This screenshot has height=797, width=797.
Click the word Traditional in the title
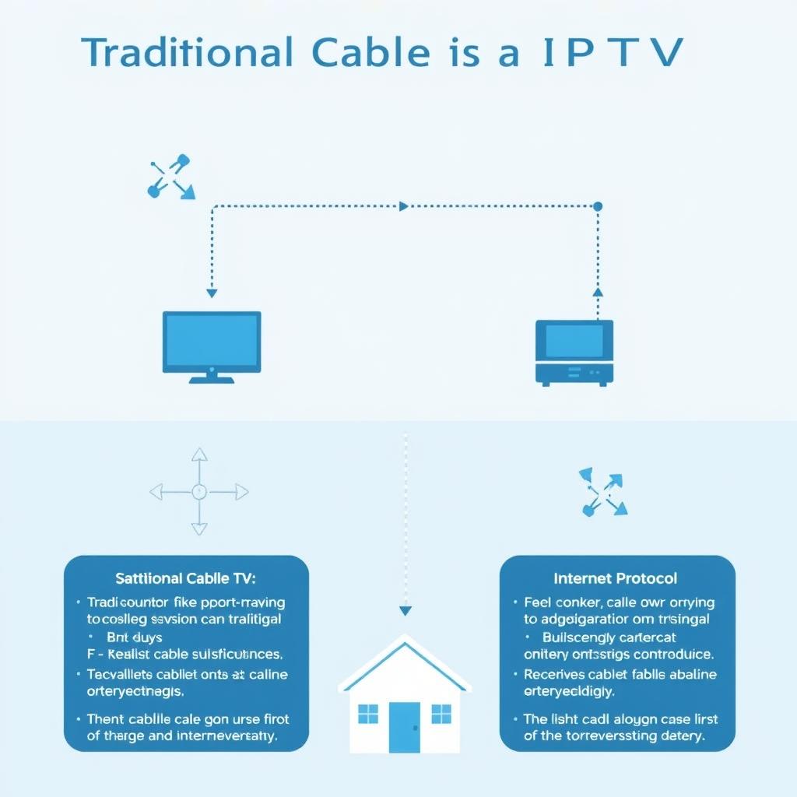tap(188, 52)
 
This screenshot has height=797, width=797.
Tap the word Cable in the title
tap(370, 52)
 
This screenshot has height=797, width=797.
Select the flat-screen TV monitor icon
tap(211, 342)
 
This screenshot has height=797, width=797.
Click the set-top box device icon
tap(574, 352)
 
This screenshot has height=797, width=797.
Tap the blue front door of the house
tap(404, 727)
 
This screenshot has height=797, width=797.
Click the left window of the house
tap(367, 714)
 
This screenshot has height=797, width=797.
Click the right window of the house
tap(441, 714)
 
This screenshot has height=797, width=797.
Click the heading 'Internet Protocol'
tap(615, 578)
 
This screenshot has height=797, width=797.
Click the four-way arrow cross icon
tap(199, 491)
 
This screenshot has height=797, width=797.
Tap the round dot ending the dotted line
tap(598, 206)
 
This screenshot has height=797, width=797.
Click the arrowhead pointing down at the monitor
tap(211, 294)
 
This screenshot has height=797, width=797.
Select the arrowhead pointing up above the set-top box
tap(598, 291)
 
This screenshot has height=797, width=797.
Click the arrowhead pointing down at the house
tap(405, 611)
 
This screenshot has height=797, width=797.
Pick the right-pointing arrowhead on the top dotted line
tap(403, 206)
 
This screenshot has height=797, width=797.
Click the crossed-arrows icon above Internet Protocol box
tap(603, 493)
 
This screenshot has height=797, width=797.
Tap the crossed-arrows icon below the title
tap(170, 177)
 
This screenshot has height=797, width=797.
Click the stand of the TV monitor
tap(211, 378)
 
